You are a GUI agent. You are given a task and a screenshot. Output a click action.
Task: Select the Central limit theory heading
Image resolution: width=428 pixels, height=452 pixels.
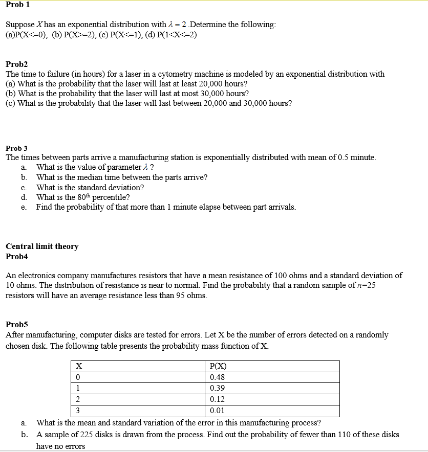click(42, 246)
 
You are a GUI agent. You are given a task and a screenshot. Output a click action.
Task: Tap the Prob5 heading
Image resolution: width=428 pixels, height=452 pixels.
click(17, 324)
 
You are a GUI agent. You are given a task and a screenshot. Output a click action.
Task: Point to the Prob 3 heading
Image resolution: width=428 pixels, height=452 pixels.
click(16, 148)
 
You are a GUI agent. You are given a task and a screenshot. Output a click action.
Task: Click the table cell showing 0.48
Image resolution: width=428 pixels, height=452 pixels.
click(217, 377)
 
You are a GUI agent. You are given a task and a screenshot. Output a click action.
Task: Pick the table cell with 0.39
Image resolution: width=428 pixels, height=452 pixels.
click(217, 389)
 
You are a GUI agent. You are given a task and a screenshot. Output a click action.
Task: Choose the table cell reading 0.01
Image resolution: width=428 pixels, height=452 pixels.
click(217, 411)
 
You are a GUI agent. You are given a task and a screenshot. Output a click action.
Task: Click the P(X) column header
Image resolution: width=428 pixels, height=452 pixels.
click(218, 366)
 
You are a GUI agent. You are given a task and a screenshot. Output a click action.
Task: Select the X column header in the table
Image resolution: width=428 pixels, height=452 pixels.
click(79, 366)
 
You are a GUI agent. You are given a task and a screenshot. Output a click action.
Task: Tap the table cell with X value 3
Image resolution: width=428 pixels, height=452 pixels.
click(78, 411)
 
